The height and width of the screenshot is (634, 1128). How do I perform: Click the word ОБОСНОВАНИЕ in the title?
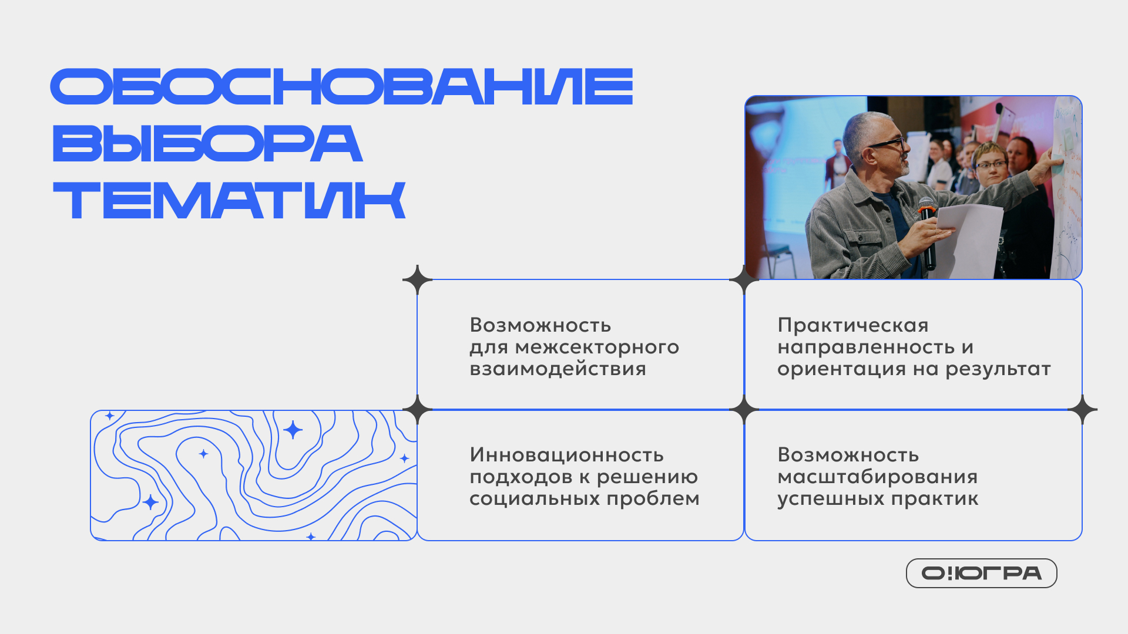tap(341, 87)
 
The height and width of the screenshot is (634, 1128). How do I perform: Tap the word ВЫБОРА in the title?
tap(207, 143)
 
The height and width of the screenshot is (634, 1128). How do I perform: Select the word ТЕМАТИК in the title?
tap(229, 200)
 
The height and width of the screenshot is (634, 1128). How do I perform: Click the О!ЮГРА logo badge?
tap(981, 573)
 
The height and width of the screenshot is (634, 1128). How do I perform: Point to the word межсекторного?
tap(597, 348)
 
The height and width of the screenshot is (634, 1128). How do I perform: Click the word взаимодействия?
tap(558, 369)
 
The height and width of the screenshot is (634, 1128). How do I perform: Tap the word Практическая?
tap(853, 325)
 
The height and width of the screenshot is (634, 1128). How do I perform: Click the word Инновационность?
tap(566, 455)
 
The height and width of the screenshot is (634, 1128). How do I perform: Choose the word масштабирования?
tap(877, 477)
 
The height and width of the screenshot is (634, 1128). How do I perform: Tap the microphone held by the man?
tap(928, 232)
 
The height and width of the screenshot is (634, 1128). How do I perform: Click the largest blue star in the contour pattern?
tap(293, 430)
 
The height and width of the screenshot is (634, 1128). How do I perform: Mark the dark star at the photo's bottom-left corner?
tap(744, 279)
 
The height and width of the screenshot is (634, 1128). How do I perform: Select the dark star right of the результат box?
tap(1082, 409)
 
